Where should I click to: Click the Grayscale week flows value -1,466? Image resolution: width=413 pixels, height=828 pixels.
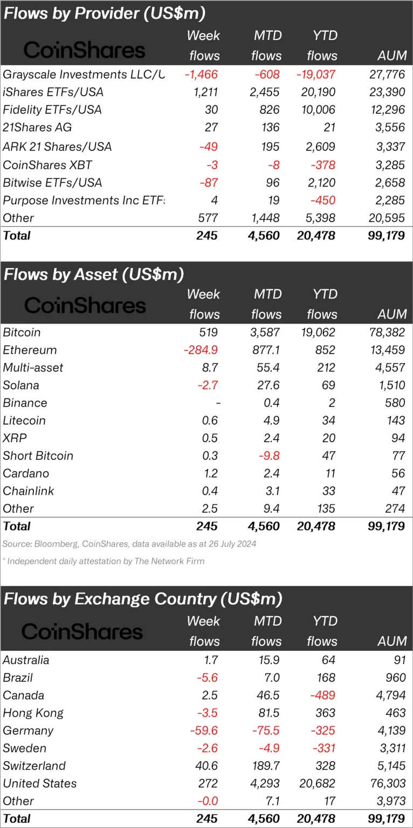pyautogui.click(x=202, y=74)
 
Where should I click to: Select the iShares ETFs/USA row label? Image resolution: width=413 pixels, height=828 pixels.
pyautogui.click(x=53, y=92)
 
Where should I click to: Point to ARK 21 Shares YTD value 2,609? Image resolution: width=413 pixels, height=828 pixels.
pyautogui.click(x=320, y=147)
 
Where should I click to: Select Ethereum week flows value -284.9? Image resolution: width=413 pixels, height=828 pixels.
pyautogui.click(x=201, y=350)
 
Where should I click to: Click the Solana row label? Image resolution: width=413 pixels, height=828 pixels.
pyautogui.click(x=21, y=385)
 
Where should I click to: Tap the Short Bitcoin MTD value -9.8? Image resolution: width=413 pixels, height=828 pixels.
pyautogui.click(x=270, y=456)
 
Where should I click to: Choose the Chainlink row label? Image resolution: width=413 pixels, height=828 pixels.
pyautogui.click(x=29, y=491)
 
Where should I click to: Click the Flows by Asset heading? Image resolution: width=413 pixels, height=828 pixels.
pyautogui.click(x=94, y=274)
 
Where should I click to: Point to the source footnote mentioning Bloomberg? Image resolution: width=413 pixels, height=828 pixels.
pyautogui.click(x=129, y=544)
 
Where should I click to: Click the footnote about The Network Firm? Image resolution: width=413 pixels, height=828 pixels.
pyautogui.click(x=104, y=561)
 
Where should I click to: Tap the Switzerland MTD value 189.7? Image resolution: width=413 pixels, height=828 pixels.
pyautogui.click(x=265, y=766)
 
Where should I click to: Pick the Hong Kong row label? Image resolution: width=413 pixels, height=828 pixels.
pyautogui.click(x=33, y=713)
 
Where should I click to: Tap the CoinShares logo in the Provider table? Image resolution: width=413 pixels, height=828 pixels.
pyautogui.click(x=85, y=50)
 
